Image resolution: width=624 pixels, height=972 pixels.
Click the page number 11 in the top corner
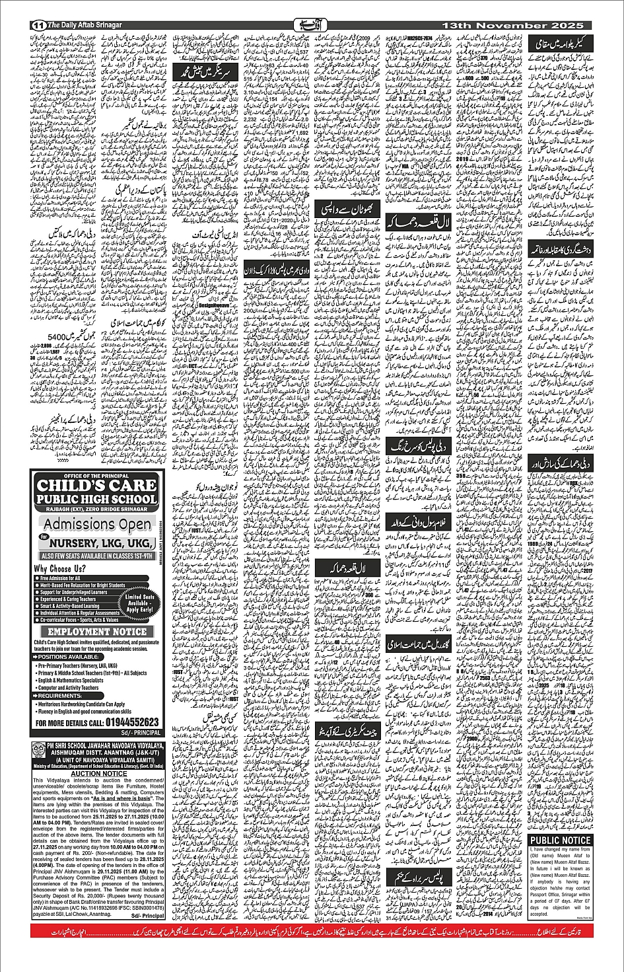[x=38, y=24]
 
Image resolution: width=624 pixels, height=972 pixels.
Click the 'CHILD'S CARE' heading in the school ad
[x=96, y=484]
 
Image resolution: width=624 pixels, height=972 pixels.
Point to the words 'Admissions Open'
[x=99, y=525]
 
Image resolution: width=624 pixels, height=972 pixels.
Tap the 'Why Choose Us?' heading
[x=60, y=568]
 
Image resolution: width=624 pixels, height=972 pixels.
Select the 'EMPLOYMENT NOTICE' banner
[x=96, y=632]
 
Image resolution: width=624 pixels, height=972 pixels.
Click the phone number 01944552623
[x=125, y=722]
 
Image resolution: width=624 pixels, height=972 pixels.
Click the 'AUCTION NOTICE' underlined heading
[x=99, y=773]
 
